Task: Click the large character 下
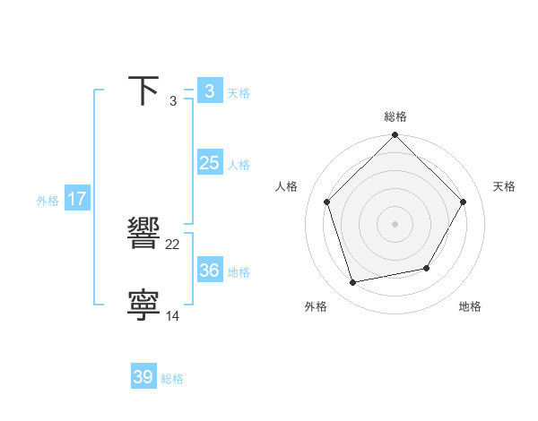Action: pyautogui.click(x=143, y=90)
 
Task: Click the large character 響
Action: pyautogui.click(x=143, y=235)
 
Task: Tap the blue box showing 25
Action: pyautogui.click(x=209, y=163)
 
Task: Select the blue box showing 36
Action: pyautogui.click(x=209, y=271)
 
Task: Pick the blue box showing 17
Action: pyautogui.click(x=77, y=199)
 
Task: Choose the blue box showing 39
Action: pyautogui.click(x=143, y=377)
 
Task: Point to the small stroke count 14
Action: pyautogui.click(x=173, y=316)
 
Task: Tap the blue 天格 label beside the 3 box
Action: pyautogui.click(x=239, y=93)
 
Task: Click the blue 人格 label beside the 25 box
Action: pyautogui.click(x=239, y=165)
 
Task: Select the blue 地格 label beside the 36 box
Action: pyautogui.click(x=239, y=272)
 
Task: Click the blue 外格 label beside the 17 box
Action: pyautogui.click(x=48, y=201)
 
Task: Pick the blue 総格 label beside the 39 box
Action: pyautogui.click(x=172, y=379)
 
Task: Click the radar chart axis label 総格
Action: pyautogui.click(x=395, y=116)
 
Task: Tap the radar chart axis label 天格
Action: pyautogui.click(x=505, y=186)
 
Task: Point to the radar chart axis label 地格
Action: pyautogui.click(x=470, y=307)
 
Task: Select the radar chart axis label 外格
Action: pyautogui.click(x=316, y=307)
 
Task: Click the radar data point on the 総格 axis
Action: pyautogui.click(x=395, y=135)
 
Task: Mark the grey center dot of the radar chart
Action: pyautogui.click(x=395, y=223)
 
